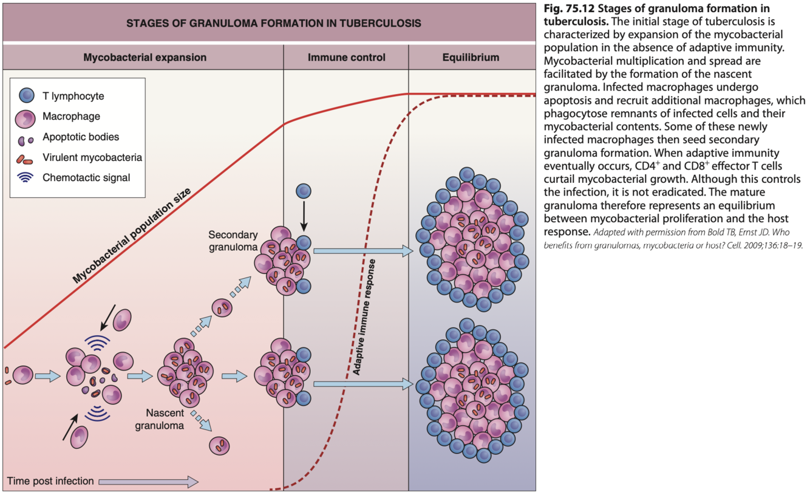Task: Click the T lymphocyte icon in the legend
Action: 27,96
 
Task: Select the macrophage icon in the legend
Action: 27,117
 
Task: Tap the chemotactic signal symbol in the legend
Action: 27,178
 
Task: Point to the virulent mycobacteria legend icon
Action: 26,159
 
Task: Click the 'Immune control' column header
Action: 346,58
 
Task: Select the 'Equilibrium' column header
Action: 471,58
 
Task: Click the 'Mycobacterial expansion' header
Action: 145,58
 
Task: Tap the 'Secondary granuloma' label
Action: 233,241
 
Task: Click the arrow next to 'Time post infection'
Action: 148,482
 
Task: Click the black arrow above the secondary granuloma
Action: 304,217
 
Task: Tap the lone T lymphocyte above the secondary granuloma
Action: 304,192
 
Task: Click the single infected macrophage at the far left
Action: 24,375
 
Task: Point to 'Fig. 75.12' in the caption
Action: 564,9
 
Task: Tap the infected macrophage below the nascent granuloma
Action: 219,445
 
